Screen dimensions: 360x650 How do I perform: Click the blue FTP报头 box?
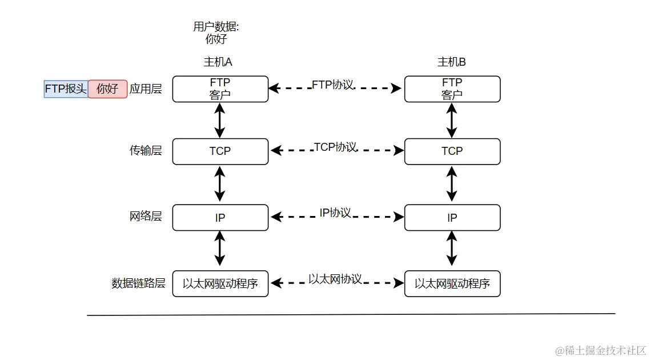(66, 89)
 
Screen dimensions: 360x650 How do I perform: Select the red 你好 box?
(107, 89)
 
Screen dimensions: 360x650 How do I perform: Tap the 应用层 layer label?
(146, 89)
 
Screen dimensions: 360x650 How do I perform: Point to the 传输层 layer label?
(146, 151)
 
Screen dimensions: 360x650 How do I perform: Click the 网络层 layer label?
(146, 217)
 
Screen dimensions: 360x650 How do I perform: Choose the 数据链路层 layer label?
(138, 283)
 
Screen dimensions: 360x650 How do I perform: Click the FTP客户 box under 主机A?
(220, 89)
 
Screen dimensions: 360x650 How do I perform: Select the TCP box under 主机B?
(452, 151)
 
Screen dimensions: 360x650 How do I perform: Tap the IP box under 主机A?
(220, 218)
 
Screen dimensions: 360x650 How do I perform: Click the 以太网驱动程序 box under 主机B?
(452, 284)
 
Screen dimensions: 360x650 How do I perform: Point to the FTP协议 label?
(332, 85)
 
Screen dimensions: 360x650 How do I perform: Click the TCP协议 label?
(335, 147)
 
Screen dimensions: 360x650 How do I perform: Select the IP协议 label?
(335, 213)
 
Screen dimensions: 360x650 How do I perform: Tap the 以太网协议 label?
(335, 279)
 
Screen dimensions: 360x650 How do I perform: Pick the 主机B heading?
(451, 62)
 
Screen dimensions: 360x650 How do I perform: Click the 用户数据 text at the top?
(216, 27)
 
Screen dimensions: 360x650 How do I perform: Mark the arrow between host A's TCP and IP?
(220, 185)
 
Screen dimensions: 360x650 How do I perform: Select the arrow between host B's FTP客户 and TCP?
(452, 121)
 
